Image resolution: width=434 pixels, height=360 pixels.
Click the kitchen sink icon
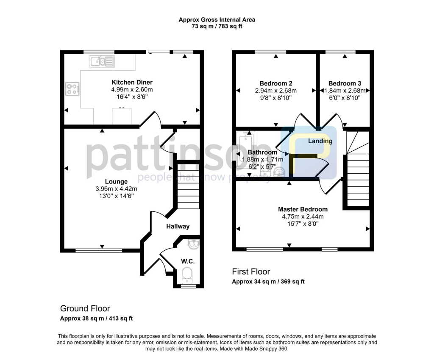pos(102,62)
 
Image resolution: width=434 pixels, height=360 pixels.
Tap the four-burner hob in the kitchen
pos(72,89)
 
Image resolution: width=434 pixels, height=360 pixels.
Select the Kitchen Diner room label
pos(132,82)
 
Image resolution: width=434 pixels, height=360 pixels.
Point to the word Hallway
pos(178,227)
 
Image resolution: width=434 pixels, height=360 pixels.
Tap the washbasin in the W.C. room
pos(193,244)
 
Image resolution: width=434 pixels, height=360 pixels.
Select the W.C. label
pos(187,261)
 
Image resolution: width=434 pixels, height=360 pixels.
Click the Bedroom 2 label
pos(275,83)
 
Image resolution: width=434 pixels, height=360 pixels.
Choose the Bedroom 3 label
pos(345,83)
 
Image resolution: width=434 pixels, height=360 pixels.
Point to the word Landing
pos(320,141)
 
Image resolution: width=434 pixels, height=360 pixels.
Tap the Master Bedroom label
pos(303,209)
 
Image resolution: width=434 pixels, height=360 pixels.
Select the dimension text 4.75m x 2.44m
pos(303,216)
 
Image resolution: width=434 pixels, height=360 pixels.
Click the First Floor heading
pos(251,272)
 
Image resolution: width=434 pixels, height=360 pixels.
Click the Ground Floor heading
pos(85,308)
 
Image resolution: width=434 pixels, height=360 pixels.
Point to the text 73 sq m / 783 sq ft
pos(217,26)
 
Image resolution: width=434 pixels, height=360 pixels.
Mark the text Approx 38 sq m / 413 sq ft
pos(97,318)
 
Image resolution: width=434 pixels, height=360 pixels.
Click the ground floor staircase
pos(187,186)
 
